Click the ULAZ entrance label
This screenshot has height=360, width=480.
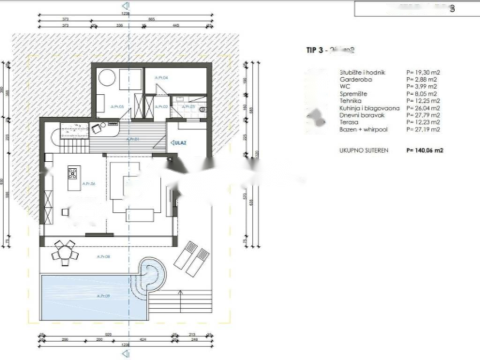(179, 142)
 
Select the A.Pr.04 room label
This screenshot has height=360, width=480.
(162, 78)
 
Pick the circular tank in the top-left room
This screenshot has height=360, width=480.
(107, 77)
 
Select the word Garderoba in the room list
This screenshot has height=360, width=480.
(352, 80)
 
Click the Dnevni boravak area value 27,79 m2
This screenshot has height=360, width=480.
(423, 115)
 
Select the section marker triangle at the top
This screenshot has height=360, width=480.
(125, 6)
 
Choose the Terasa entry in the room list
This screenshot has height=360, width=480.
(348, 122)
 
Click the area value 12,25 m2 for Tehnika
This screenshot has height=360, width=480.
(423, 101)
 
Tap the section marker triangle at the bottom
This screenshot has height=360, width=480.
(125, 354)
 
